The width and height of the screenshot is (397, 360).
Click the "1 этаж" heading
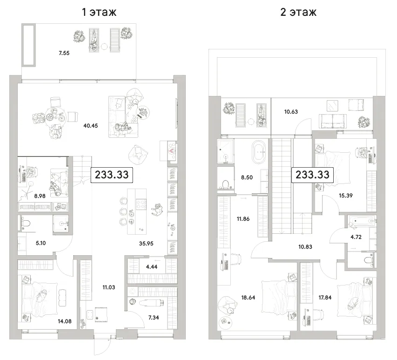point(99,12)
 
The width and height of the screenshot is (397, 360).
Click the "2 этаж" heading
point(298,12)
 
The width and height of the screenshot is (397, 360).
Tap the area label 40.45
point(90,126)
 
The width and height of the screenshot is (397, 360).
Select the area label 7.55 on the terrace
point(64,53)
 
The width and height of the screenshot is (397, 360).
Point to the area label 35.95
point(146,244)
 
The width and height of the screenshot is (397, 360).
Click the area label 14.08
point(65,321)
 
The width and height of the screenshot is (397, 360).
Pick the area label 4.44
point(152,266)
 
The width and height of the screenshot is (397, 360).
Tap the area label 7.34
point(154,318)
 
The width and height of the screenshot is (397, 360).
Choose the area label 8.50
point(247,177)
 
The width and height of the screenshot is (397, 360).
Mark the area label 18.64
point(248,298)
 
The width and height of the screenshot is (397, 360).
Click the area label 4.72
point(356,237)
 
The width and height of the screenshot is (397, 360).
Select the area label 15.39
point(346,195)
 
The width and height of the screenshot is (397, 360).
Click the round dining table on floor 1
point(55,117)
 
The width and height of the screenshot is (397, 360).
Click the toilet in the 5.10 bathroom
point(25,223)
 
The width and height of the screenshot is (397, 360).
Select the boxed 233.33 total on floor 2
point(312,175)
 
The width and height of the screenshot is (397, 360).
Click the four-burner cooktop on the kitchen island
point(141,204)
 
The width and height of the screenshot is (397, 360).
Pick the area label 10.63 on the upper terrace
point(291,112)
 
